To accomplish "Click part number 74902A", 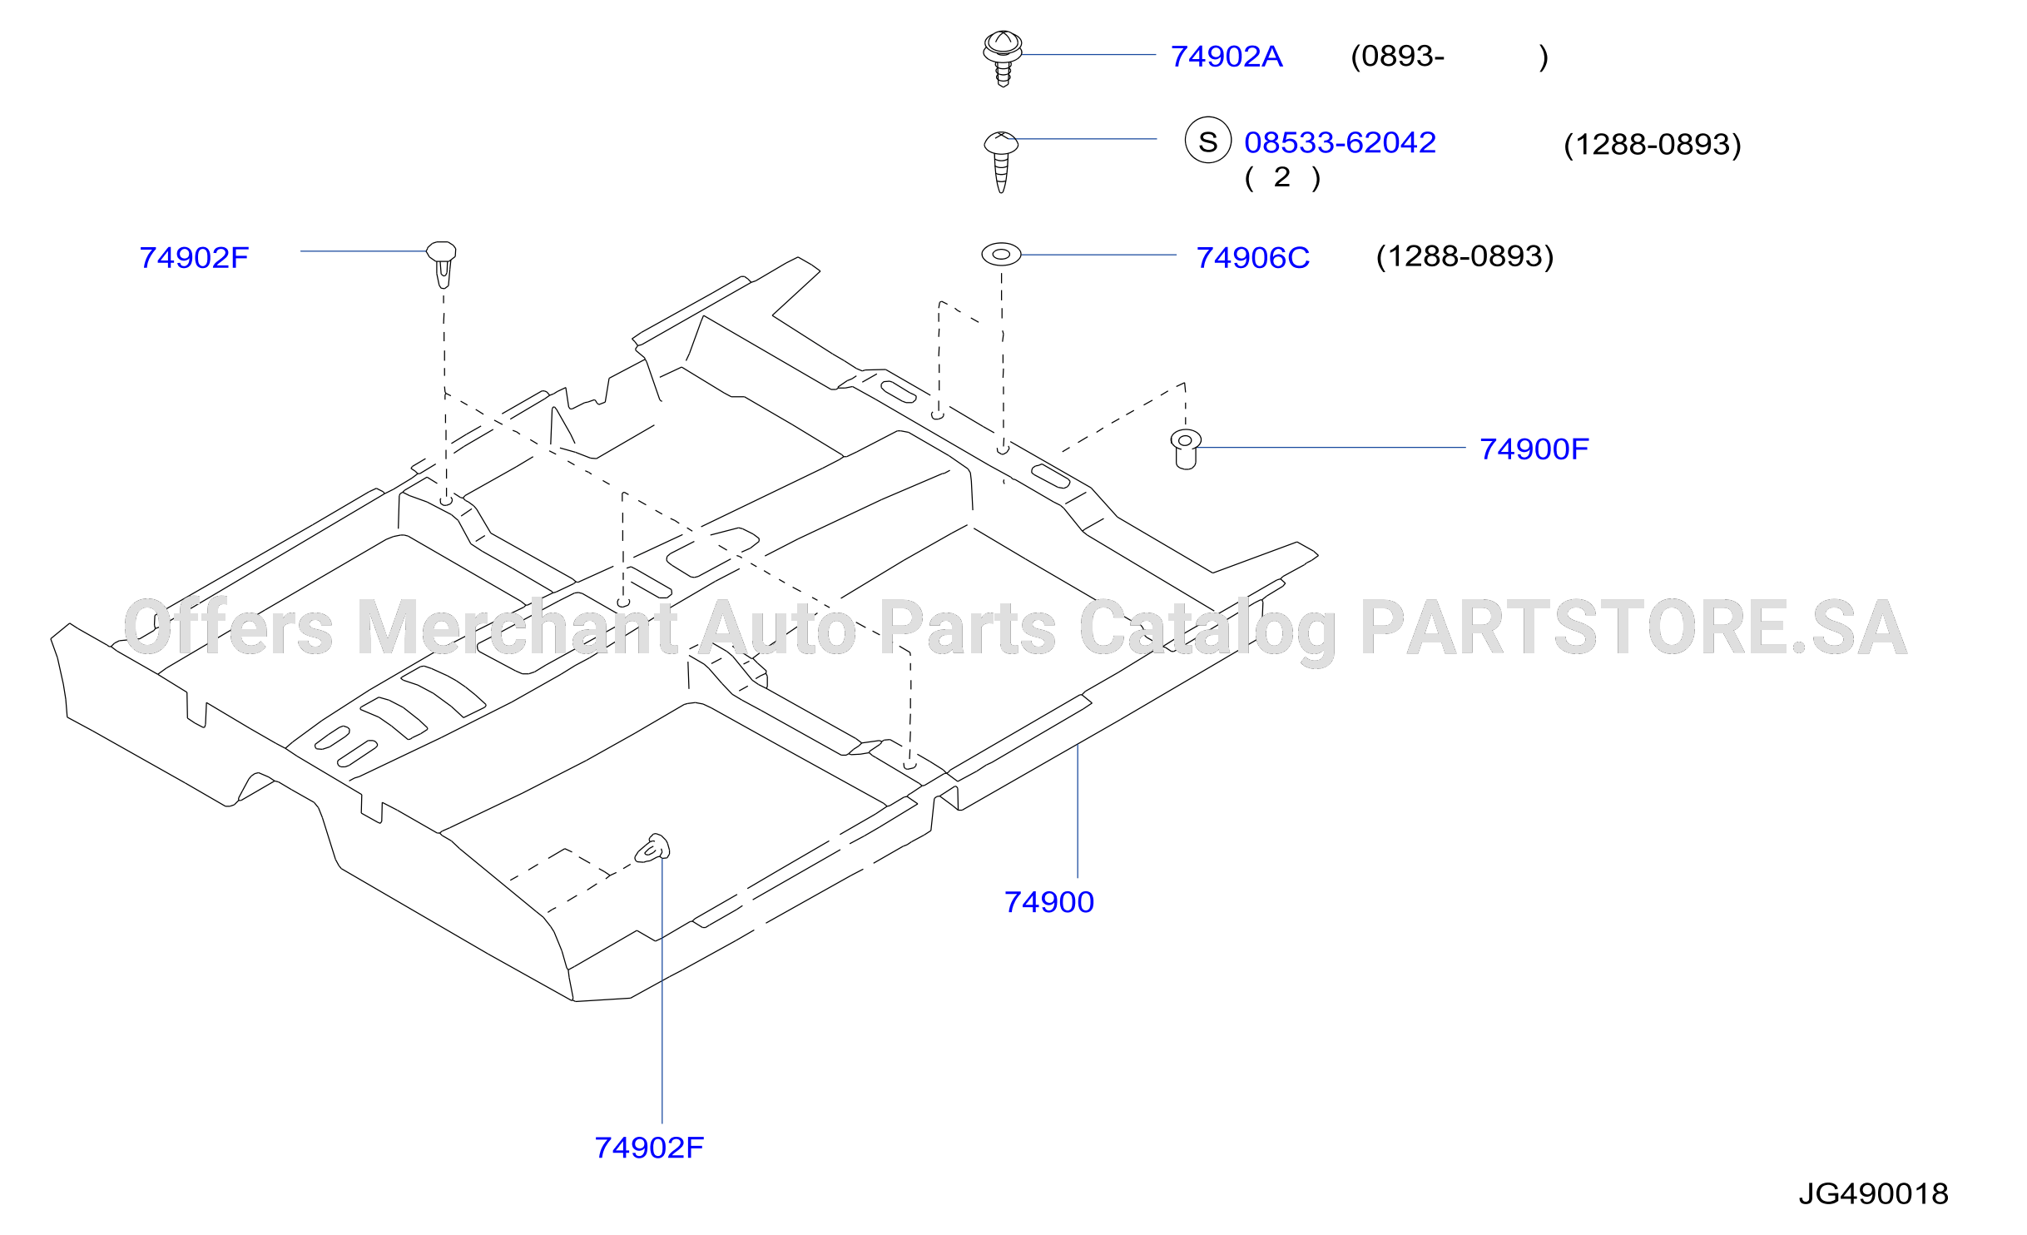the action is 1227,57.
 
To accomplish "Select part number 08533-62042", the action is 1340,142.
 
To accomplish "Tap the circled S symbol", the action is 1208,140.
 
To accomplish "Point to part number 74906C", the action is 1252,258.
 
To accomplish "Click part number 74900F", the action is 1534,449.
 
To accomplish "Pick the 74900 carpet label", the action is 1049,902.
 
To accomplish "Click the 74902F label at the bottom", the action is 649,1148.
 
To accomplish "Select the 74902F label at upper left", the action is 194,258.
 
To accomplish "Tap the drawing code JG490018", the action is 1873,1194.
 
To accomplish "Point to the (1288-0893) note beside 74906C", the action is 1465,256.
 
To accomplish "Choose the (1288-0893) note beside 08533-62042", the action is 1653,145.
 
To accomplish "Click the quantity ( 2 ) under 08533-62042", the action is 1282,177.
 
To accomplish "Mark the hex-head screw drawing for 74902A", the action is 1003,58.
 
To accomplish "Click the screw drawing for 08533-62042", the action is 1001,161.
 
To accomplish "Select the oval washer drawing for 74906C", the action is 1001,254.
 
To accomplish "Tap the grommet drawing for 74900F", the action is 1186,449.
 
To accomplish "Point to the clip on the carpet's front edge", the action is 652,848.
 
